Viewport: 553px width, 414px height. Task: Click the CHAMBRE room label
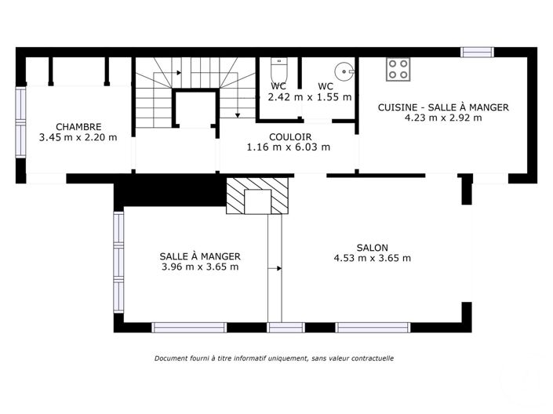[78, 126]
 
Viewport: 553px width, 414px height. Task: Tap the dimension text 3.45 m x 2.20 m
[78, 137]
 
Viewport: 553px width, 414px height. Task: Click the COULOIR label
[288, 136]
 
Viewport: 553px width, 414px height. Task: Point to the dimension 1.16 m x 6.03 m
[288, 147]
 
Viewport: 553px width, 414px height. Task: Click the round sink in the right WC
[344, 68]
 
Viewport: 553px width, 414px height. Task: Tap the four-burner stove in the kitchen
[398, 69]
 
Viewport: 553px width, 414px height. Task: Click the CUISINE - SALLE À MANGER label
[443, 107]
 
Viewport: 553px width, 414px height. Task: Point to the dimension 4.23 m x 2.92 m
[443, 118]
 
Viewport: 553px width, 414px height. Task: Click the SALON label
[372, 247]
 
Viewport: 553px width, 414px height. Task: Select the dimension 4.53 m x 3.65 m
[372, 258]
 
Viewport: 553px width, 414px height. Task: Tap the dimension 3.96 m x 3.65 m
[199, 267]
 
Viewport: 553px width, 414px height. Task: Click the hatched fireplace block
[257, 195]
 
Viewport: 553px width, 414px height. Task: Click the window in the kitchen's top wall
[477, 53]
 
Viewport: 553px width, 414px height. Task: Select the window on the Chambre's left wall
[20, 122]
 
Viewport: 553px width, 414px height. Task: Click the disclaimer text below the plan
[274, 358]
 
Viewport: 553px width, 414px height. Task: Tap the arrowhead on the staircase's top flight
[179, 73]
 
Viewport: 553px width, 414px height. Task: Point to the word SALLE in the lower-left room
[173, 256]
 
